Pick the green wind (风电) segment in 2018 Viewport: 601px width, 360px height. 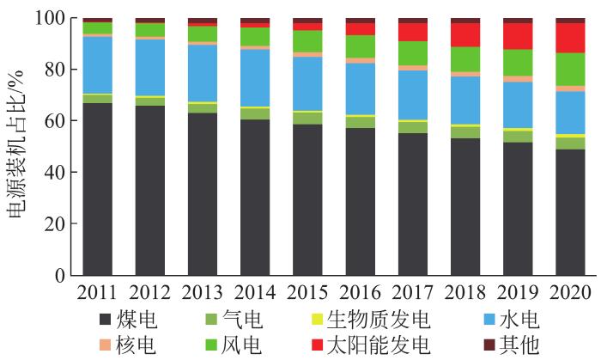[464, 59]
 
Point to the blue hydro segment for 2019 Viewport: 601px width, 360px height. [517, 105]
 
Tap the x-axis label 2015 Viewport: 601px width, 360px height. [307, 292]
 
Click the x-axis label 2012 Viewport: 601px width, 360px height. [149, 292]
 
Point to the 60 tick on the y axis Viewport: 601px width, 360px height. [55, 121]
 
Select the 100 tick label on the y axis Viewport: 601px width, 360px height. [50, 18]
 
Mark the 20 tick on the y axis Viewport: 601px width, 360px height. [55, 224]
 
